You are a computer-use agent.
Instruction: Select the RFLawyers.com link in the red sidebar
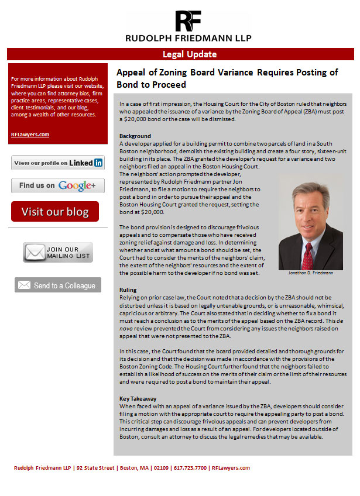pyautogui.click(x=30, y=135)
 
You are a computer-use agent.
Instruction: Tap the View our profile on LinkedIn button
pyautogui.click(x=58, y=163)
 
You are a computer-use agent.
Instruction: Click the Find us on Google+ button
pyautogui.click(x=58, y=185)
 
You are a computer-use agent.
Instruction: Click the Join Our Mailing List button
pyautogui.click(x=58, y=252)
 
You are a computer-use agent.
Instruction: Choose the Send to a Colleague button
pyautogui.click(x=58, y=285)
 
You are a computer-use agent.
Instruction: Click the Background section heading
pyautogui.click(x=135, y=136)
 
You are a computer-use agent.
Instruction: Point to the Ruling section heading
pyautogui.click(x=128, y=290)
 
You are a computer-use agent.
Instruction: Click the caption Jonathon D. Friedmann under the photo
pyautogui.click(x=311, y=273)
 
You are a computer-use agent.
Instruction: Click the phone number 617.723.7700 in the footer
pyautogui.click(x=188, y=468)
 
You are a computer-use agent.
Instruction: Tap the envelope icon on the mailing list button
pyautogui.click(x=34, y=252)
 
